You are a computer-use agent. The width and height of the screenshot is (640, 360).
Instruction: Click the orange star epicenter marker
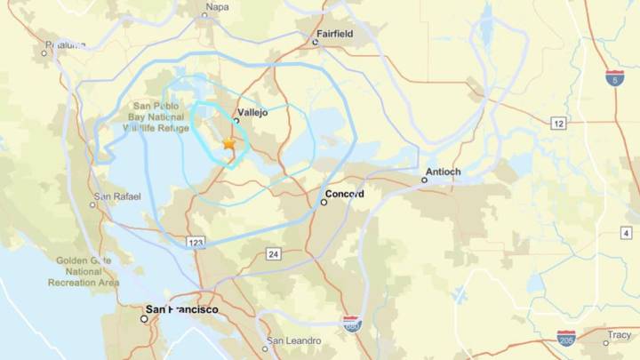point(228,142)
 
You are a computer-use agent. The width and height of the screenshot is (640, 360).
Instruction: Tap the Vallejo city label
point(252,113)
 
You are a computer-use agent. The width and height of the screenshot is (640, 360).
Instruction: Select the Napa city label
point(217,7)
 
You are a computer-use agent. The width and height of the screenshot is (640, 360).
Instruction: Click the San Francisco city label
point(181,309)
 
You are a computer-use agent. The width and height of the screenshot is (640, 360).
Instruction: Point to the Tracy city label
point(619,335)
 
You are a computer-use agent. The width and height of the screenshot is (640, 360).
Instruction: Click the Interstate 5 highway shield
point(614,77)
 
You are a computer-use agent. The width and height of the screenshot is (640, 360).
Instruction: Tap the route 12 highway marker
point(558,124)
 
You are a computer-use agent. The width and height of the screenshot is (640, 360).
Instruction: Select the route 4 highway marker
point(626,232)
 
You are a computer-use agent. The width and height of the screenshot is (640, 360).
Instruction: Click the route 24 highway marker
point(272,254)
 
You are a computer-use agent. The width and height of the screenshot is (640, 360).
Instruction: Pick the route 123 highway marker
point(196,242)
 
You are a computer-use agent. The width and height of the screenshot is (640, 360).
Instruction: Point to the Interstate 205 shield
point(566,337)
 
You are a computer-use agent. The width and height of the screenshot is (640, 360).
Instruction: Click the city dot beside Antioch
point(425,180)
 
